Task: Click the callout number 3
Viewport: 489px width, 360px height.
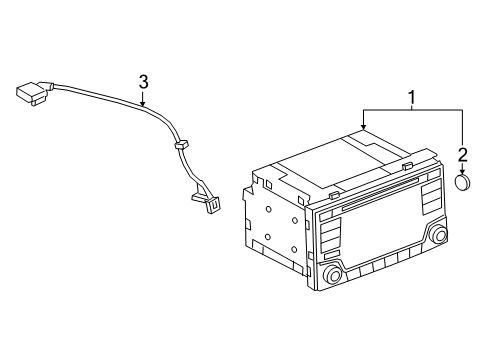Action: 144,81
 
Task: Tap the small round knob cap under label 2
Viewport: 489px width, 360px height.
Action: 463,183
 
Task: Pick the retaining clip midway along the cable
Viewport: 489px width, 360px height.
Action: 180,147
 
